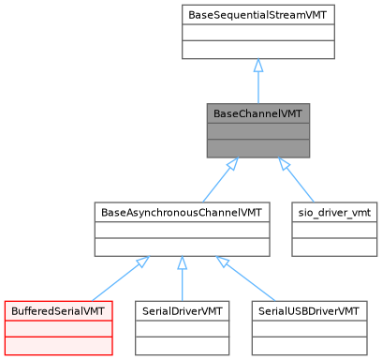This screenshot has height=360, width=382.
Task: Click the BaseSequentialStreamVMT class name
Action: pyautogui.click(x=258, y=16)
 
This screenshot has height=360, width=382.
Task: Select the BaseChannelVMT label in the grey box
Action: pyautogui.click(x=258, y=113)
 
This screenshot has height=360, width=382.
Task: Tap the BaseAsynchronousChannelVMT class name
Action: pyautogui.click(x=182, y=212)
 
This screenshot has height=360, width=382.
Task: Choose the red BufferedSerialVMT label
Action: pyautogui.click(x=59, y=309)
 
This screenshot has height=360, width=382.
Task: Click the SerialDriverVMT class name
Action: pyautogui.click(x=182, y=309)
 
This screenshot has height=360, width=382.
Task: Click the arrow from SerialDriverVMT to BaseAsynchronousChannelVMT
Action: pyautogui.click(x=182, y=277)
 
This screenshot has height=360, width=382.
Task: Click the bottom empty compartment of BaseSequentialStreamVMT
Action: pyautogui.click(x=258, y=50)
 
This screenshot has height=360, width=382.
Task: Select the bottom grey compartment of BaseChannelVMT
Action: pyautogui.click(x=258, y=147)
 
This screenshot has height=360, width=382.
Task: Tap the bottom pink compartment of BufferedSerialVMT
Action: pyautogui.click(x=59, y=344)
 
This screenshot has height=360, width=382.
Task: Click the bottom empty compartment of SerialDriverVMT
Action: pyautogui.click(x=182, y=344)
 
